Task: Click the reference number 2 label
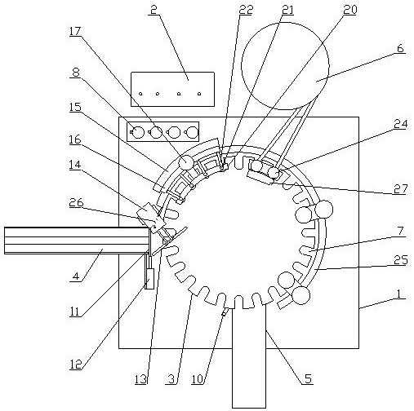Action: click(154, 10)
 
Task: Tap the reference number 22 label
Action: click(246, 10)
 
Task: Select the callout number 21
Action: click(287, 10)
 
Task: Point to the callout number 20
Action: click(349, 10)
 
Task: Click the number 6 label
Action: click(400, 48)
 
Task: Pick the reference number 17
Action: click(75, 31)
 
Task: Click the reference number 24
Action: click(400, 124)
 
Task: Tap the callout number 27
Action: click(400, 188)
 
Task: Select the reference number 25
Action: click(401, 260)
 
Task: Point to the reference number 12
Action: click(75, 364)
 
